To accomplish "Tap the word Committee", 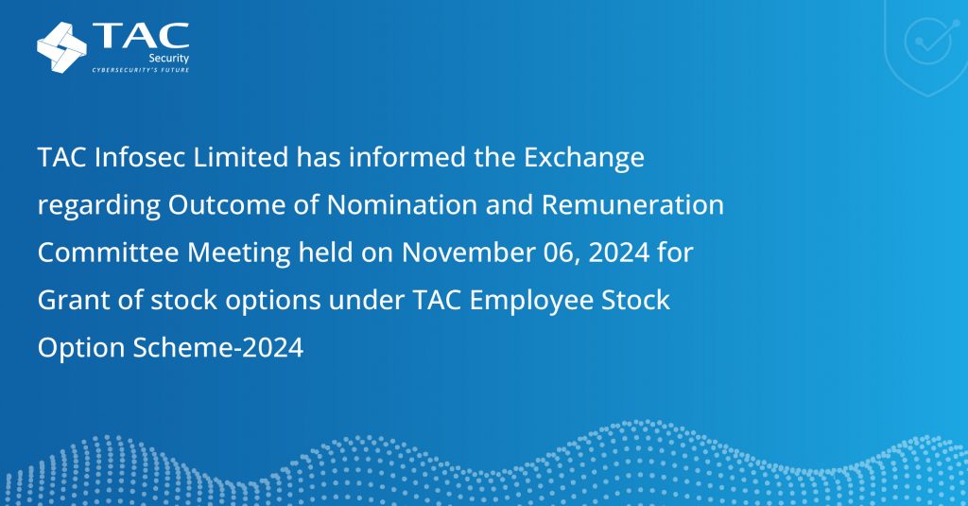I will (101, 253).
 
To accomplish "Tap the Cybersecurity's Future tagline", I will (140, 71).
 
